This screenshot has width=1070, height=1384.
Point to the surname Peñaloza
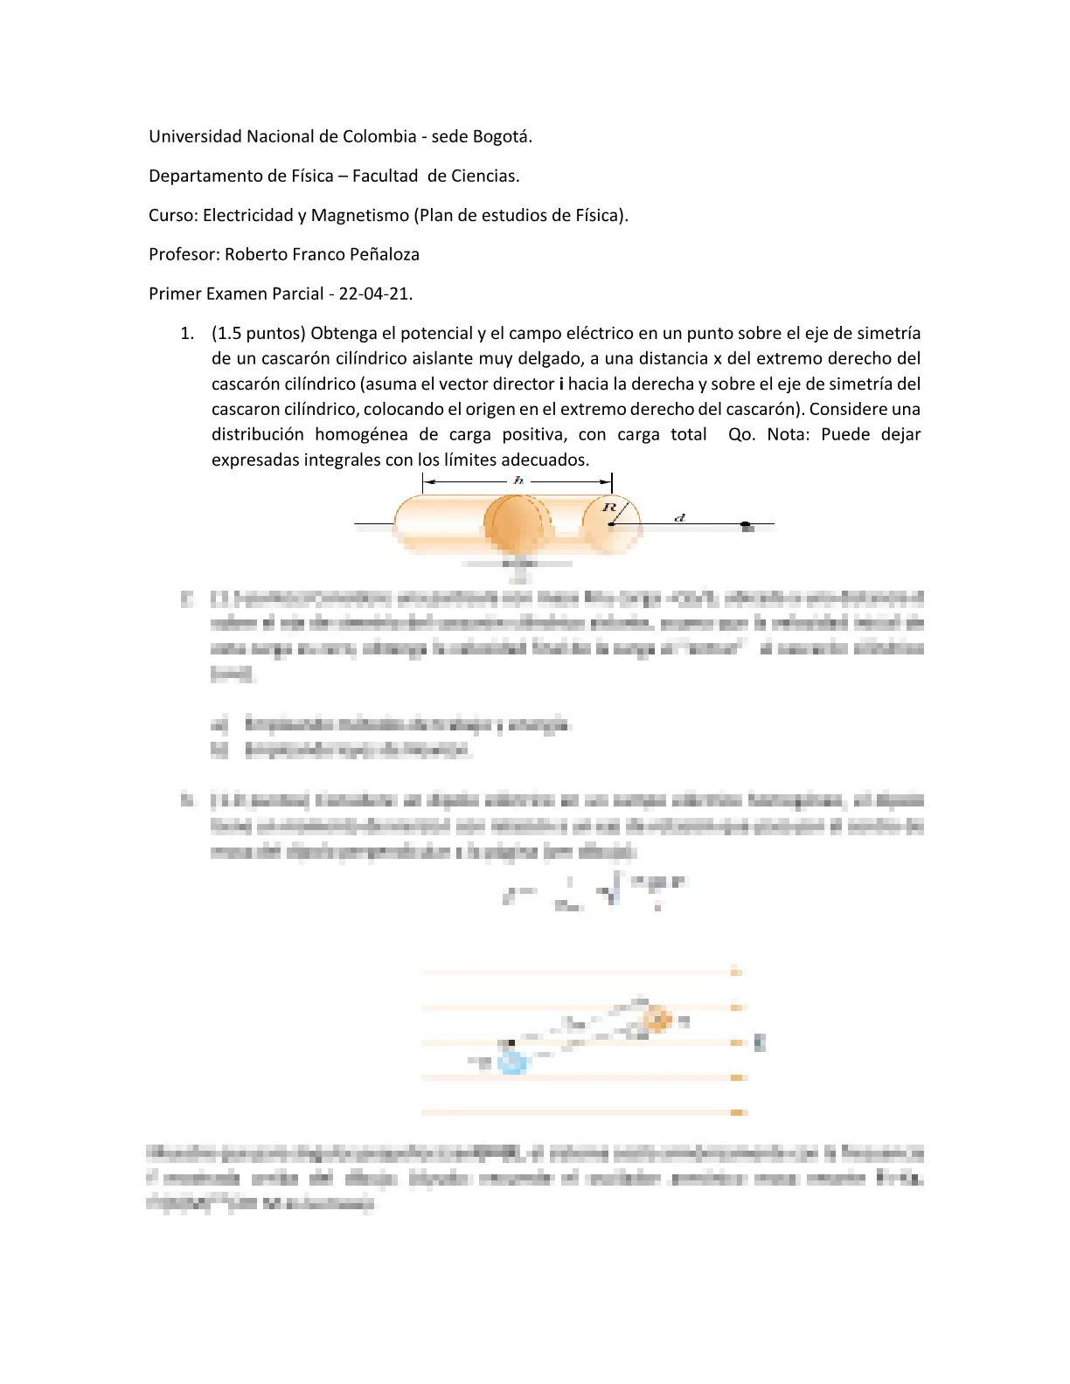point(384,254)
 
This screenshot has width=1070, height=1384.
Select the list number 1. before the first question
point(186,333)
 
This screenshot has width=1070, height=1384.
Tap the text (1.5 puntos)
point(258,333)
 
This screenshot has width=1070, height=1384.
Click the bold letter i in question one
point(560,384)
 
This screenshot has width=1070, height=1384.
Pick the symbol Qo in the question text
point(740,434)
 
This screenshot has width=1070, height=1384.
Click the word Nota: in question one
point(789,434)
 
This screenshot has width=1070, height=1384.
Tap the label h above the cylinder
point(518,481)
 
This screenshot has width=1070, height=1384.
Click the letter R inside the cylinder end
point(609,508)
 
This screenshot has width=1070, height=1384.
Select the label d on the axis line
point(679,518)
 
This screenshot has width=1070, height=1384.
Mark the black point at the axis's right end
point(746,526)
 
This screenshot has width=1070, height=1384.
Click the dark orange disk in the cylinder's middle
point(517,524)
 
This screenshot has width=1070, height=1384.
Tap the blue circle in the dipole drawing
point(512,1062)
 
